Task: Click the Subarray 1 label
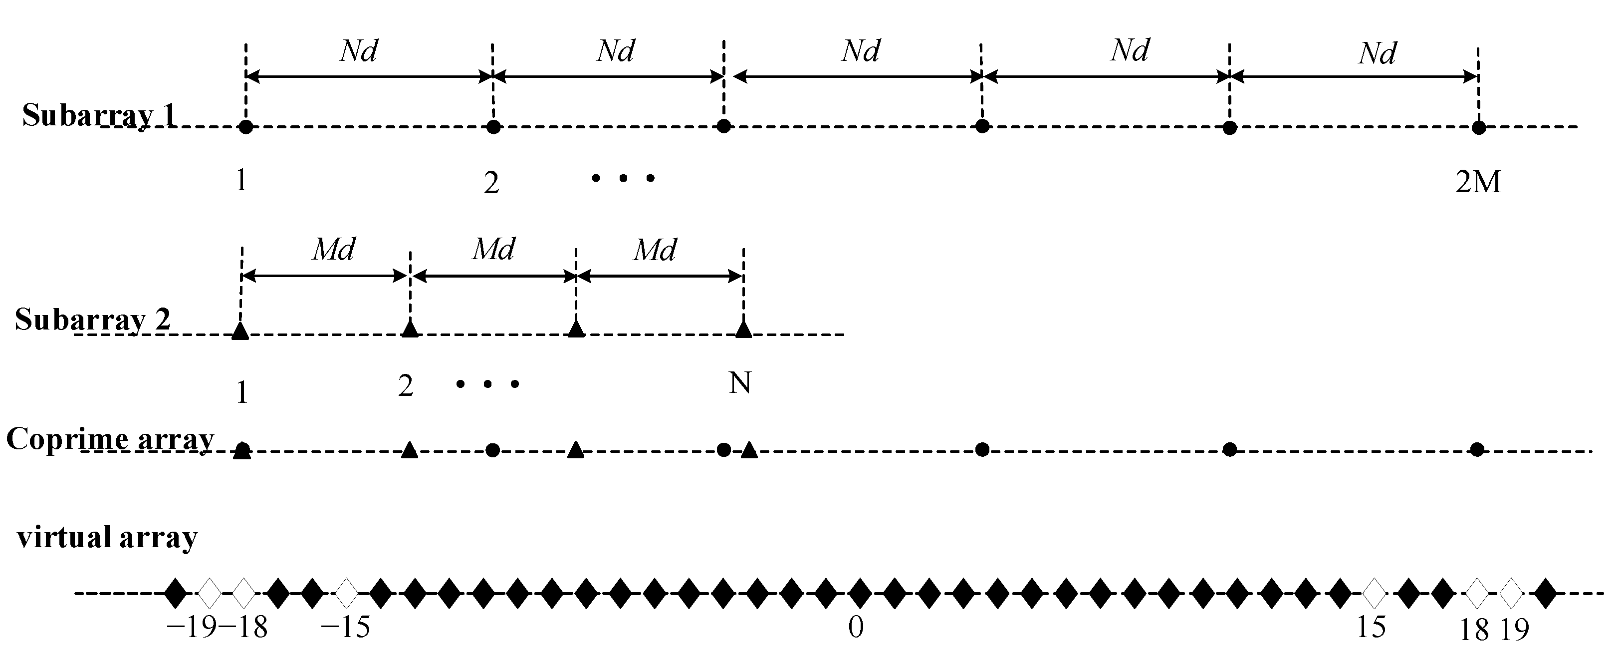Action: [x=99, y=115]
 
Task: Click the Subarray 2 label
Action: [x=93, y=320]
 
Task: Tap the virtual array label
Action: [x=108, y=538]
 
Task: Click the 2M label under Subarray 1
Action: [x=1478, y=182]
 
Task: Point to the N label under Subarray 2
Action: [x=740, y=382]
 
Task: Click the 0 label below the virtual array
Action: [x=856, y=627]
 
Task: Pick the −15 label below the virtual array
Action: [x=345, y=628]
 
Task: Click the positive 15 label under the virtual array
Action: [x=1371, y=627]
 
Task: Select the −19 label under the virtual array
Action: [x=192, y=628]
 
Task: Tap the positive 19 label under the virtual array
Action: [x=1514, y=630]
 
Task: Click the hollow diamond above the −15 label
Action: [x=346, y=593]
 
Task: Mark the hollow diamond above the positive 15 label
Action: [x=1375, y=593]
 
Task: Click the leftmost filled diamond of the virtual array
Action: [x=176, y=593]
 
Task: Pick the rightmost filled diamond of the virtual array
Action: [x=1545, y=593]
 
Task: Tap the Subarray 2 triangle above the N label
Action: [x=743, y=329]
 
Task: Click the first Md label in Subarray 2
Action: [x=334, y=250]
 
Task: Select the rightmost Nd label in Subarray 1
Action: [x=1377, y=53]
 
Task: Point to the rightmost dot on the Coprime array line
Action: [x=1477, y=449]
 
